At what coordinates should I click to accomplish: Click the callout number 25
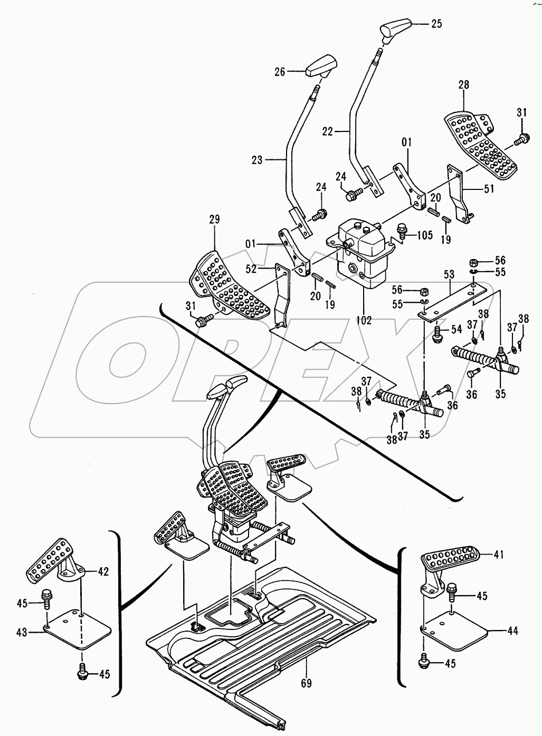[436, 24]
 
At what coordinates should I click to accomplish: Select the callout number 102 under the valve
[364, 320]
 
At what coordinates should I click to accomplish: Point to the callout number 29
[215, 219]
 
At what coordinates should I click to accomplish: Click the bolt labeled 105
[402, 233]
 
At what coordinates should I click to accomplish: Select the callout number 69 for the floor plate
[306, 683]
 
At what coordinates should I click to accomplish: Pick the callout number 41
[499, 555]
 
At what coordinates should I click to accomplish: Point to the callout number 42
[103, 571]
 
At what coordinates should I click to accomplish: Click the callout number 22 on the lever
[328, 132]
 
